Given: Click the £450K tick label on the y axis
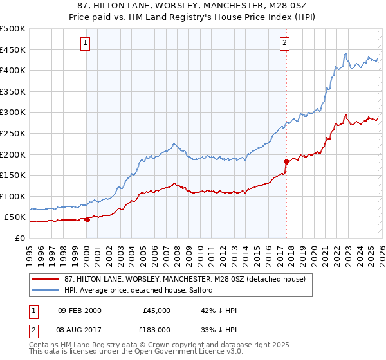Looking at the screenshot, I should coord(13,50).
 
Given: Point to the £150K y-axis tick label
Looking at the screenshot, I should coord(13,175).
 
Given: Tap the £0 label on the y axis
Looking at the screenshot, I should coord(19,238).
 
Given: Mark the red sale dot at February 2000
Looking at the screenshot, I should coord(87,219).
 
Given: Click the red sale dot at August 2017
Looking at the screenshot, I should coord(286,161).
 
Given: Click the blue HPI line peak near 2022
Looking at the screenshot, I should coord(346,53).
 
